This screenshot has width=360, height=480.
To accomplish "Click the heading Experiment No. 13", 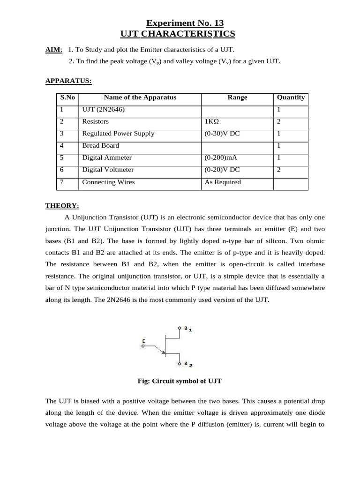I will (185, 23).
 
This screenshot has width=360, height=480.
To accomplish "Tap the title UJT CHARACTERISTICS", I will (178, 34).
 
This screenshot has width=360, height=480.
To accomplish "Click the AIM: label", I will (54, 50).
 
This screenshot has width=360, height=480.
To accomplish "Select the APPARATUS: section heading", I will (68, 81).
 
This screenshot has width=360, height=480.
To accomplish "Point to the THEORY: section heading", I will (62, 205).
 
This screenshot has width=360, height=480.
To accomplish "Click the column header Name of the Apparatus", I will (140, 97).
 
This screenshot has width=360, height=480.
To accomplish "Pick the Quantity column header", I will (291, 97).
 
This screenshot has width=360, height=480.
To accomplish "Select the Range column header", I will (237, 97).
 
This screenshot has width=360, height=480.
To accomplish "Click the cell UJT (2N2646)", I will (104, 109).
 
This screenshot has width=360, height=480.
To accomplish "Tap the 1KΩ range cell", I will (212, 121).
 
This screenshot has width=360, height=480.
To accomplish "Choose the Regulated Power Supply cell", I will (118, 134).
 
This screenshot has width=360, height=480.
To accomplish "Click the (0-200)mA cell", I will (221, 157).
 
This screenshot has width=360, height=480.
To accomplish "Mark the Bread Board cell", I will (101, 145).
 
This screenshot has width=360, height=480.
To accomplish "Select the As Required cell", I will (223, 182).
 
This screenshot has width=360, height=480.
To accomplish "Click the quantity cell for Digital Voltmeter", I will (279, 170).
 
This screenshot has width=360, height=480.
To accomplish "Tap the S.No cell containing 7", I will (62, 182).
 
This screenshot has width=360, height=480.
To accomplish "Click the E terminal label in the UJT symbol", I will (143, 341).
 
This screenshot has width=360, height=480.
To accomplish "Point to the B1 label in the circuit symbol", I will (188, 329).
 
